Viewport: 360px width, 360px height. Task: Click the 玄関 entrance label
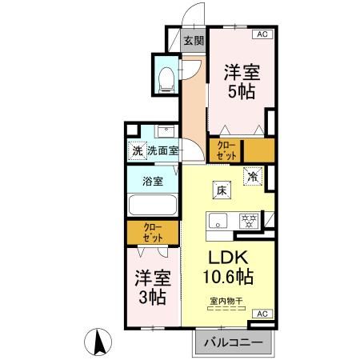pos(193,41)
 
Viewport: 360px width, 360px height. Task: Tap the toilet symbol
pos(166,77)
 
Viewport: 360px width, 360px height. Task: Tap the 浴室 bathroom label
pos(153,181)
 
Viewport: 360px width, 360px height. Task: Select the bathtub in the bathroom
pos(153,206)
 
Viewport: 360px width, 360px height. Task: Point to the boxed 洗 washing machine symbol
pos(137,150)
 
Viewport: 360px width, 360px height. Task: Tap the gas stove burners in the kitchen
pos(249,220)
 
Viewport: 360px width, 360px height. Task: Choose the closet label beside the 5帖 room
pos(225,149)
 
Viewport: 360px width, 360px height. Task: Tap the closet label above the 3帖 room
pos(153,234)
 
